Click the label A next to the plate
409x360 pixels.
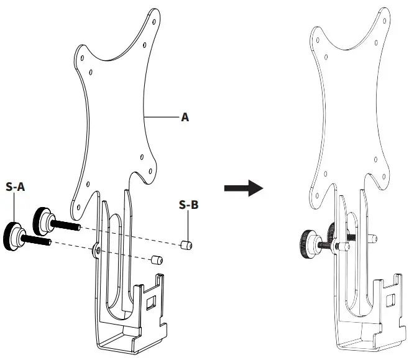pyautogui.click(x=185, y=116)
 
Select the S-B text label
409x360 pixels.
pyautogui.click(x=188, y=204)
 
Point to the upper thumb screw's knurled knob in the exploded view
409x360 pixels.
pyautogui.click(x=43, y=217)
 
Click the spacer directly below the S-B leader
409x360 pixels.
pyautogui.click(x=185, y=246)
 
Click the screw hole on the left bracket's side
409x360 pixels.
pyautogui.click(x=98, y=250)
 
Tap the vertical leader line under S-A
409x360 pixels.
pyautogui.click(x=14, y=208)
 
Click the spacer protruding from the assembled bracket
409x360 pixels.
pyautogui.click(x=372, y=238)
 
